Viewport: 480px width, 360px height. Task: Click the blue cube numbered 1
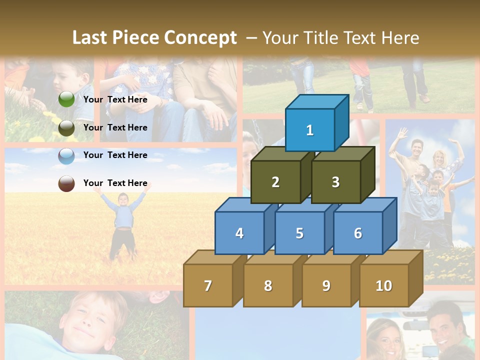(x=310, y=130)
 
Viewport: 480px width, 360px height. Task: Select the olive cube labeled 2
(x=275, y=182)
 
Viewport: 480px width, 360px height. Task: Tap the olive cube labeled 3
(x=335, y=182)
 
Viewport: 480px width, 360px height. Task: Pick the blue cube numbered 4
(x=239, y=233)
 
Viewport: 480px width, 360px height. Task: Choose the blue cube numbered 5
(x=299, y=233)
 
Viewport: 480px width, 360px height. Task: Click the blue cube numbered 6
(x=358, y=233)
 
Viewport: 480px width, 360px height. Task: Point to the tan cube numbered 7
(x=208, y=285)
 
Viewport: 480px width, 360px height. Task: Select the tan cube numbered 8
(x=268, y=285)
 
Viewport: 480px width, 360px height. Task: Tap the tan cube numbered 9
(x=326, y=285)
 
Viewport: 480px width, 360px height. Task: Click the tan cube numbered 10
(x=384, y=285)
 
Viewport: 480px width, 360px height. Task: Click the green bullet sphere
(x=66, y=99)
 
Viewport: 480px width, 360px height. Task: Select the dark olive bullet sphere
(x=66, y=128)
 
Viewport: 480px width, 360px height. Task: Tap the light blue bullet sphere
(x=66, y=156)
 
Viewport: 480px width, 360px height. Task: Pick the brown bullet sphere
(x=66, y=183)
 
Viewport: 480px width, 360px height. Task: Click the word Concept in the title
(x=200, y=38)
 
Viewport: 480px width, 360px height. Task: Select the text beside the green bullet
(x=115, y=99)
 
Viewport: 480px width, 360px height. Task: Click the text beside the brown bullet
(x=115, y=183)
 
